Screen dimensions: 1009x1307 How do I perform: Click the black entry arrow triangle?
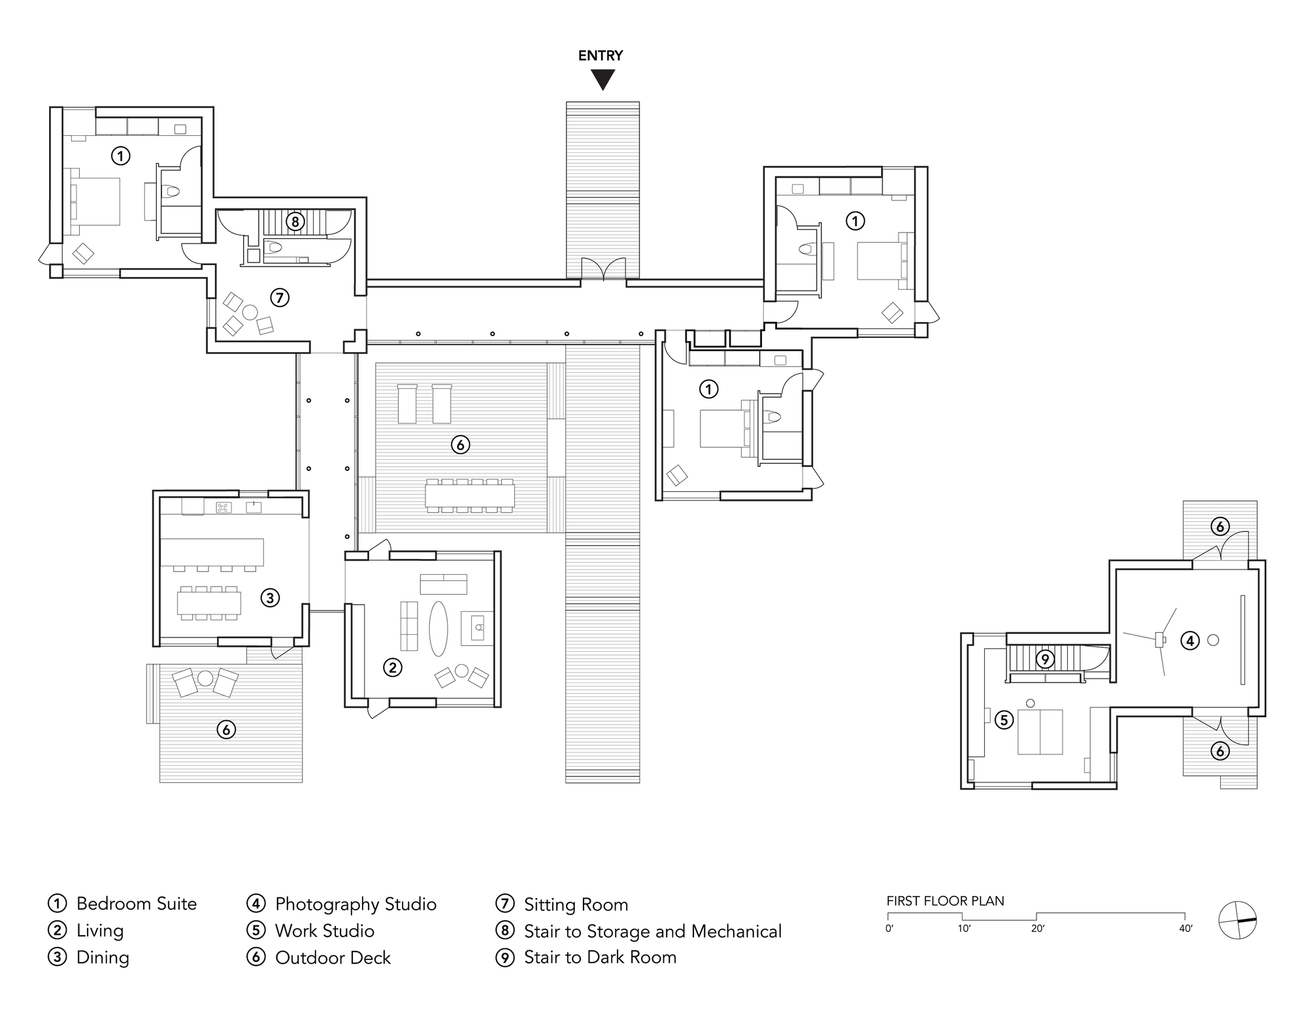[603, 79]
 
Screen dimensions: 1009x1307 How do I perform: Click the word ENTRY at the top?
[601, 56]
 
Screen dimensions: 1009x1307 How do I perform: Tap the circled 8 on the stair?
[295, 221]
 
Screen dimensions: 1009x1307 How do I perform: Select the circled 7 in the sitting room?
[280, 298]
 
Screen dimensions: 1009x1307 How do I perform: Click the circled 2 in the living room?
[392, 667]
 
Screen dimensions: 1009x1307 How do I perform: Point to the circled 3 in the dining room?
[270, 597]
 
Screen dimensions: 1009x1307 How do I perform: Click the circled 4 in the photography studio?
[1190, 641]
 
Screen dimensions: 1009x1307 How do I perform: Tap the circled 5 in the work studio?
[1004, 720]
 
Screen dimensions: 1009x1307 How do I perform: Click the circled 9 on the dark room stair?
[1045, 659]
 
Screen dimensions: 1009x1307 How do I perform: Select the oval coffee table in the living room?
[438, 628]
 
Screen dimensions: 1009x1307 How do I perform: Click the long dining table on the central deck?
[469, 494]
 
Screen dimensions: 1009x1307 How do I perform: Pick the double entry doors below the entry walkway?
[603, 270]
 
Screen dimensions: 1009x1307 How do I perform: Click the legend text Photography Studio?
[356, 904]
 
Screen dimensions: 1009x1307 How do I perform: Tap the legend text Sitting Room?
[576, 905]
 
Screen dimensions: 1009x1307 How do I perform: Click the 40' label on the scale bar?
[1185, 929]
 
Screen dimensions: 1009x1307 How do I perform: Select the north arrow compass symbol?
[1238, 920]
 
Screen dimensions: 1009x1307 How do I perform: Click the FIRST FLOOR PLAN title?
[945, 901]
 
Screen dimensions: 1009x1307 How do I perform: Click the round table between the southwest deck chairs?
[206, 679]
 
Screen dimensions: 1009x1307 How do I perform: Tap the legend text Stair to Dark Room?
[600, 957]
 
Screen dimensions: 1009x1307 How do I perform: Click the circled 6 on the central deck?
[461, 445]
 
